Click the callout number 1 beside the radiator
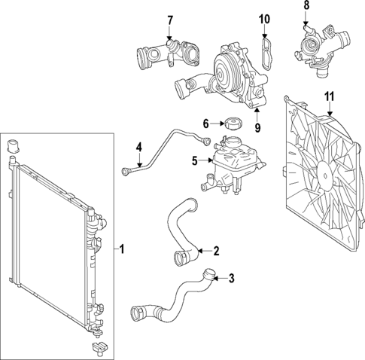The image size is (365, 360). [124, 249]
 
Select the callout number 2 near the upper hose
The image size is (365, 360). [216, 251]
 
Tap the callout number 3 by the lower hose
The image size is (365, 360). [231, 278]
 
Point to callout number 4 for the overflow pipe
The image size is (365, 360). [138, 146]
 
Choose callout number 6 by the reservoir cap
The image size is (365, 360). [205, 124]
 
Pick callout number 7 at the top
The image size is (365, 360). [170, 20]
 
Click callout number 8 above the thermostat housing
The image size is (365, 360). [306, 6]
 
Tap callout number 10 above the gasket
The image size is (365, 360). [263, 18]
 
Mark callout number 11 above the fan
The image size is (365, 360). [328, 96]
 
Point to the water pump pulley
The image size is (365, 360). [225, 74]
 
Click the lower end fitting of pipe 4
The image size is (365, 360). [125, 172]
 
